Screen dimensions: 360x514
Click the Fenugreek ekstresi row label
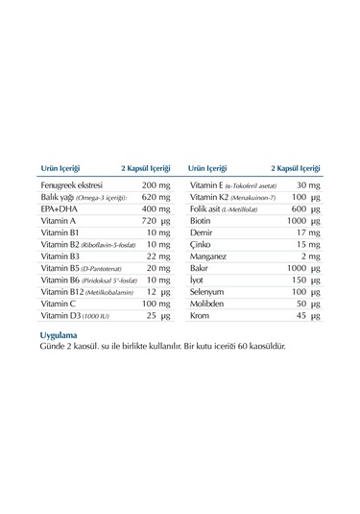(71, 184)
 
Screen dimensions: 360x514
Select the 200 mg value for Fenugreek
(156, 184)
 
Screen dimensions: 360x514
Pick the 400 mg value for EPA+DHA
(156, 208)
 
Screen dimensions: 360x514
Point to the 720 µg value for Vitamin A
(156, 220)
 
